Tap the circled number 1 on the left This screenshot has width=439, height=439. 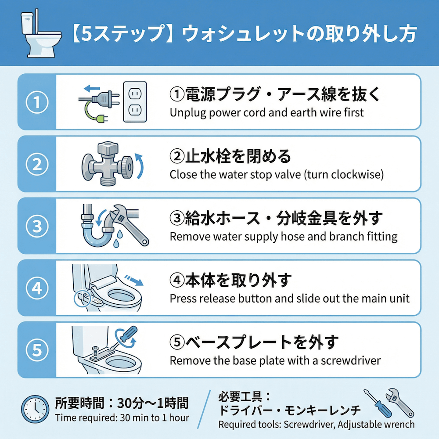[x=37, y=103]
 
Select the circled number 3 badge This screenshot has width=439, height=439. [x=37, y=227]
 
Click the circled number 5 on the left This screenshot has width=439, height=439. [x=37, y=350]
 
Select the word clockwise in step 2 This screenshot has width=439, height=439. [x=363, y=175]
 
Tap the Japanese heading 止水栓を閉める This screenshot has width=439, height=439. [x=230, y=155]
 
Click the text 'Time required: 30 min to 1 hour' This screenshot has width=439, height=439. [x=122, y=418]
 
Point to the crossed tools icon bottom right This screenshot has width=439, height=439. [x=389, y=403]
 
